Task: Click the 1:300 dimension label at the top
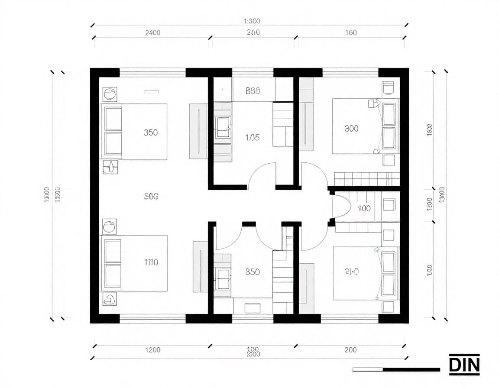tap(252, 21)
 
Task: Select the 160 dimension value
tap(351, 33)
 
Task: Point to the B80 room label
tap(253, 91)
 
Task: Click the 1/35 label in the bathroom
tap(252, 138)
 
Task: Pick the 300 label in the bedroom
tap(351, 129)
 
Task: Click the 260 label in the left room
tap(151, 196)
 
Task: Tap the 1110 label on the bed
tap(151, 262)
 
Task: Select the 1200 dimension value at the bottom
tap(152, 350)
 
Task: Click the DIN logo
tap(464, 365)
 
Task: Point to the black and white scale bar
tap(396, 369)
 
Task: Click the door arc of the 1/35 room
tap(262, 175)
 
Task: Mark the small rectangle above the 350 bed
tap(152, 91)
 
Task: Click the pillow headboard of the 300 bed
tap(389, 128)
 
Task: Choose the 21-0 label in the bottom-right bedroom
tap(351, 272)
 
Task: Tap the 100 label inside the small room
tap(364, 208)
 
